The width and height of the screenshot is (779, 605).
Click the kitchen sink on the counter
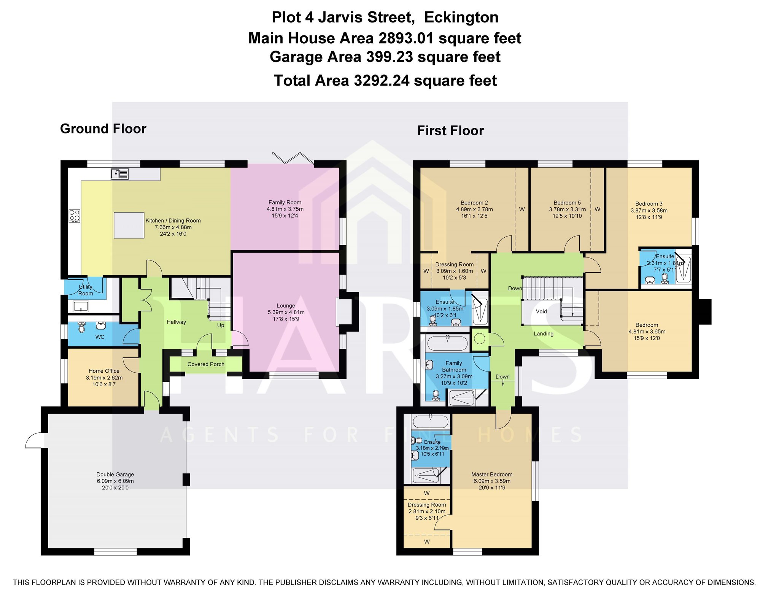(x=120, y=174)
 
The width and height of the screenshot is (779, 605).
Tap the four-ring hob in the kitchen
(x=75, y=216)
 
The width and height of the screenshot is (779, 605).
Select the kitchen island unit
(x=129, y=225)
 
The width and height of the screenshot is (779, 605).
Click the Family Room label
(x=285, y=203)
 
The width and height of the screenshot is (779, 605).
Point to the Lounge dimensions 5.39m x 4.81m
(x=286, y=312)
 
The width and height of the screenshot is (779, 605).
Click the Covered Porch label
(x=206, y=364)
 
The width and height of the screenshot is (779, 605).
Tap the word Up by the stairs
(x=221, y=326)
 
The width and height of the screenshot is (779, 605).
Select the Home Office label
(x=104, y=371)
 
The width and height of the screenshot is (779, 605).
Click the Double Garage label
(x=115, y=475)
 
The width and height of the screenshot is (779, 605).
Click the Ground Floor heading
(x=103, y=129)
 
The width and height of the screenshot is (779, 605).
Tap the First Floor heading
(x=450, y=131)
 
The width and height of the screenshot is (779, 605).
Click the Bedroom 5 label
(x=567, y=203)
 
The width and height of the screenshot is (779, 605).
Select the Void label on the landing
(x=541, y=311)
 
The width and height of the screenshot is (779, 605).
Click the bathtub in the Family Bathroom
(x=447, y=343)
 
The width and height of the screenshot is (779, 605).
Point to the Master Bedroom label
(x=492, y=475)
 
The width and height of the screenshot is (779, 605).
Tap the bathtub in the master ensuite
(x=431, y=422)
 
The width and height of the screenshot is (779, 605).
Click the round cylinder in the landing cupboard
(x=479, y=338)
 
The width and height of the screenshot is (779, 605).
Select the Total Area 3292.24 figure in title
(x=385, y=81)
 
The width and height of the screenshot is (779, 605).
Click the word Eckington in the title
(x=461, y=17)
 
